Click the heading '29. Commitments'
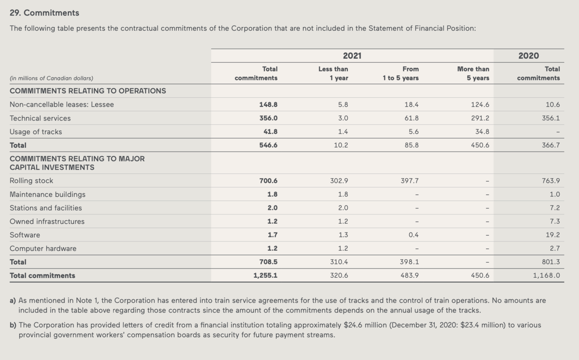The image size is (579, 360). (44, 13)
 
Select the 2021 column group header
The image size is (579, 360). (352, 56)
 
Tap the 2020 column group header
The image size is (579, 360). (529, 56)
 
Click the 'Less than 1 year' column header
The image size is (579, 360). (333, 73)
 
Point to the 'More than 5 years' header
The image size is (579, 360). (473, 73)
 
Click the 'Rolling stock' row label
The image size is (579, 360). (31, 180)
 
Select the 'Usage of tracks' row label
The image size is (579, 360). (36, 132)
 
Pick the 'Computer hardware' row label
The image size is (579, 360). (43, 249)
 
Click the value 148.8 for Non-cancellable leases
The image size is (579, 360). (268, 104)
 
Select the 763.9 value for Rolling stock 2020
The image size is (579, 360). (551, 180)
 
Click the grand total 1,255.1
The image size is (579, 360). (265, 275)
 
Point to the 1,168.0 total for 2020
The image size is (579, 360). (546, 275)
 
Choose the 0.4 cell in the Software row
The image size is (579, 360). (413, 235)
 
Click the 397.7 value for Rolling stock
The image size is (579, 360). (410, 180)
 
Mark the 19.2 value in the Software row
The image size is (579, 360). (553, 235)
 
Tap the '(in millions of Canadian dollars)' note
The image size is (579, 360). (52, 78)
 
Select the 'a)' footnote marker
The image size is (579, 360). (13, 301)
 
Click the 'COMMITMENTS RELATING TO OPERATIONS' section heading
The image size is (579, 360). (88, 91)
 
